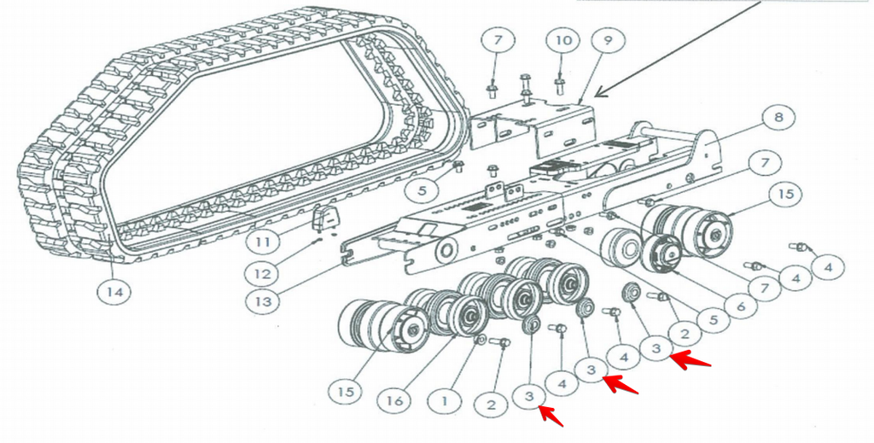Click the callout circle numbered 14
click(x=114, y=291)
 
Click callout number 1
click(x=444, y=400)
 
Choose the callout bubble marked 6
click(x=741, y=306)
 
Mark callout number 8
click(x=778, y=118)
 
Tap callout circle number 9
click(x=608, y=40)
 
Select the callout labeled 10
click(x=563, y=40)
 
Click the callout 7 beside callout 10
click(x=498, y=40)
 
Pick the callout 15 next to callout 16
click(x=346, y=392)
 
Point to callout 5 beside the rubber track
click(x=422, y=190)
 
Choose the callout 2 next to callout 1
click(x=491, y=404)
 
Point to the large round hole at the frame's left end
click(x=446, y=250)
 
